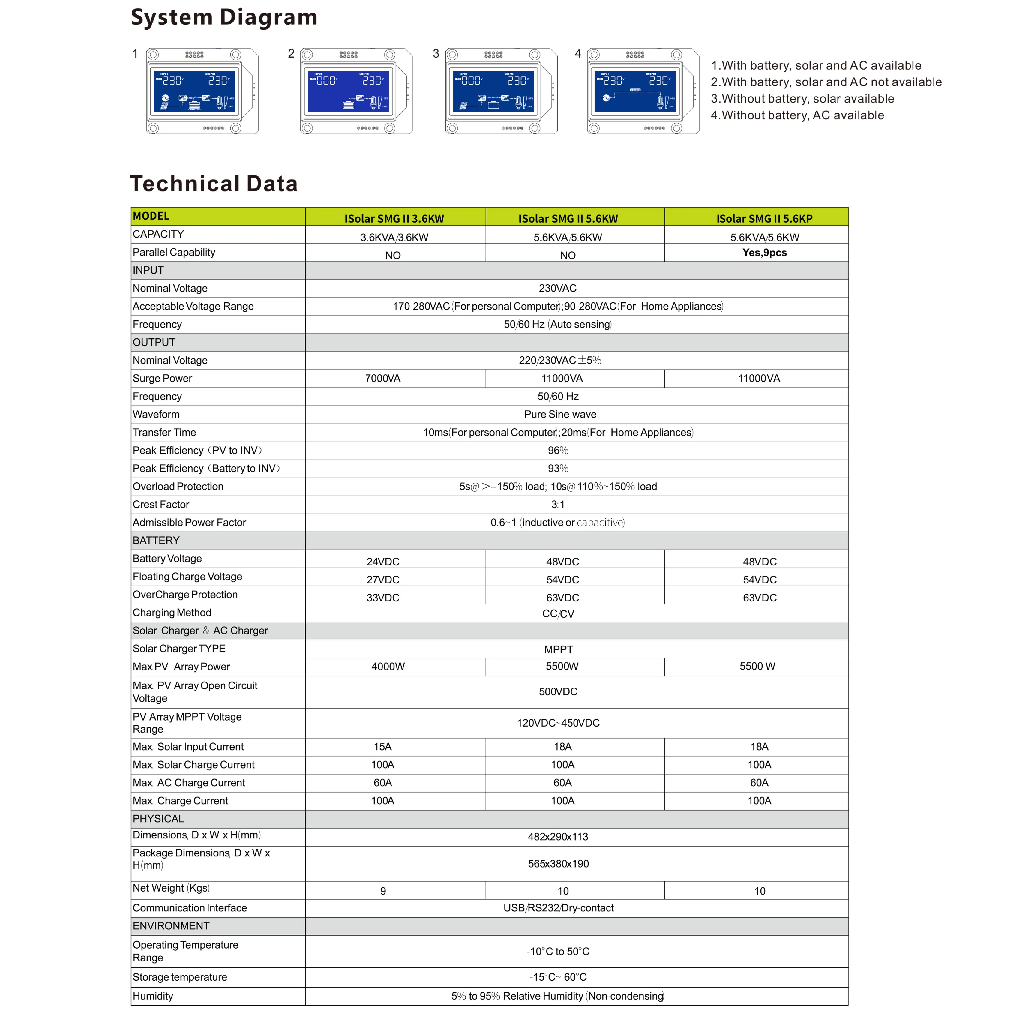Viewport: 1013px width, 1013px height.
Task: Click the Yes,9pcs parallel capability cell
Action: (x=764, y=253)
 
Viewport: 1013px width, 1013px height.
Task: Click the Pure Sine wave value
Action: (x=560, y=414)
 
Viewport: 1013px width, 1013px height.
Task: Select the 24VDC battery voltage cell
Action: (x=383, y=562)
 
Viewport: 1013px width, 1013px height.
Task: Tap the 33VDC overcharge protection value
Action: (x=383, y=598)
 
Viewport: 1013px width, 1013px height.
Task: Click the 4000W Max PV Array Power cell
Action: (x=388, y=667)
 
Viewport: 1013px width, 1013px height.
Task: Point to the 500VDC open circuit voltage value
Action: (x=558, y=692)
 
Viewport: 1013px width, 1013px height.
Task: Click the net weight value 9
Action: (x=383, y=891)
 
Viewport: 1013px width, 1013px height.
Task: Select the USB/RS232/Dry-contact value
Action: (x=559, y=908)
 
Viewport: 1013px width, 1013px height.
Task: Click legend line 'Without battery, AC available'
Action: (x=797, y=115)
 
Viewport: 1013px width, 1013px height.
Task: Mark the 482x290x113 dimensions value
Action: (x=558, y=837)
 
